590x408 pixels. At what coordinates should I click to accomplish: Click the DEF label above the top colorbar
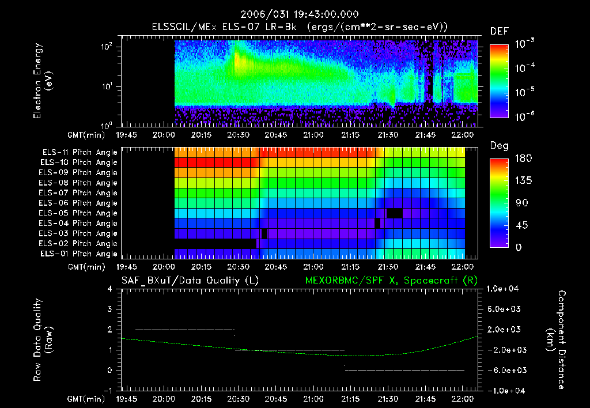(x=499, y=31)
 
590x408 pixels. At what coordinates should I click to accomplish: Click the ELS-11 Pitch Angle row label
(x=79, y=152)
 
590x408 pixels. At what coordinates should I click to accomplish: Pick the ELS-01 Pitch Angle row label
(x=79, y=254)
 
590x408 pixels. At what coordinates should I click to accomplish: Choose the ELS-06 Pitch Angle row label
(x=79, y=203)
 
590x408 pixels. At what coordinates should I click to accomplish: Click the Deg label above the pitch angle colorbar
(x=499, y=146)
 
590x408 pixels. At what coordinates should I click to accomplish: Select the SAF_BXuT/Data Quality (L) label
(x=190, y=281)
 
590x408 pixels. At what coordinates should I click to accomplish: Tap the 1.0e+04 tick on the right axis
(x=504, y=289)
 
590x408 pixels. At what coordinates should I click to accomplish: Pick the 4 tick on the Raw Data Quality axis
(x=110, y=289)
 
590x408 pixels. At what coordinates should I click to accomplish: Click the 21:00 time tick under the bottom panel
(x=312, y=398)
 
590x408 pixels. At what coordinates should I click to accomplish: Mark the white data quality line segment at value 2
(x=184, y=330)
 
